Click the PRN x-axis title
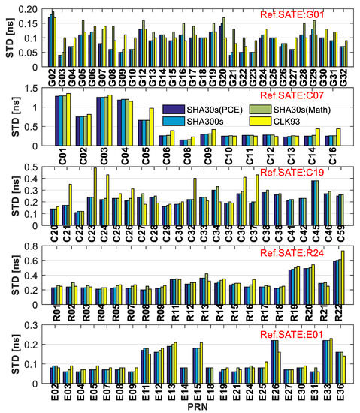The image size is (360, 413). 199,405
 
